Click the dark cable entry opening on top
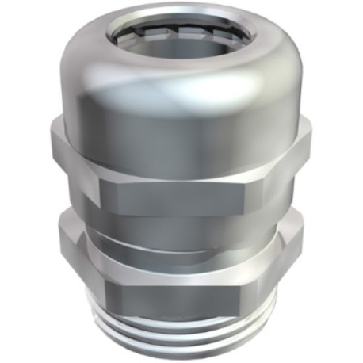point(181,40)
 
